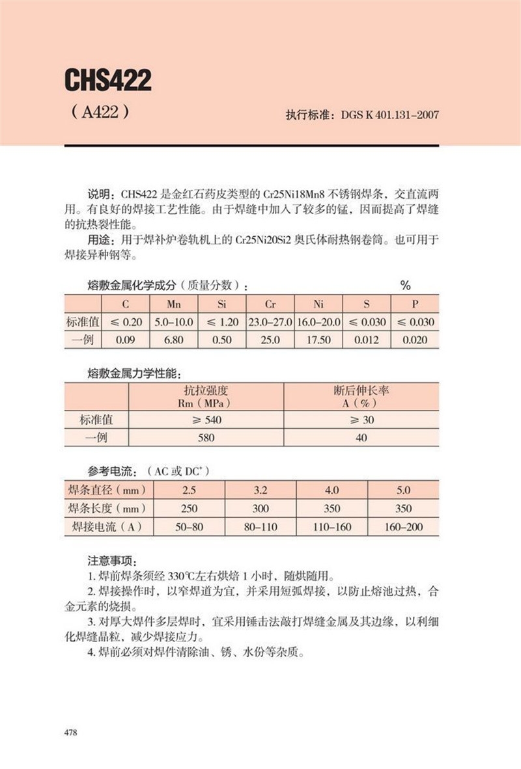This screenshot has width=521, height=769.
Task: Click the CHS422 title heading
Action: [107, 80]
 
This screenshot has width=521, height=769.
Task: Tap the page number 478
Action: [71, 733]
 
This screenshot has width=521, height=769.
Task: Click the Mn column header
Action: [174, 304]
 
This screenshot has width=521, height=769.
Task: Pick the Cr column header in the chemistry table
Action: [270, 304]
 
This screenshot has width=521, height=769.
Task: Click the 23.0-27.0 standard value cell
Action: [270, 322]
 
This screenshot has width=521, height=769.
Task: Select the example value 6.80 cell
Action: [174, 340]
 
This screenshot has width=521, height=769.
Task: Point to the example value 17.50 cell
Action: [318, 340]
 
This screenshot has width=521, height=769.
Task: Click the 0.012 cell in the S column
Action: [367, 340]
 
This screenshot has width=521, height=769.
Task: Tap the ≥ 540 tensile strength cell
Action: [206, 420]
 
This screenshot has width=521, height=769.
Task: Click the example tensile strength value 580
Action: [206, 438]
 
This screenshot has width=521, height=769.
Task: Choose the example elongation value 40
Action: [361, 438]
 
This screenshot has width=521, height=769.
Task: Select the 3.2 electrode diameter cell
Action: [260, 490]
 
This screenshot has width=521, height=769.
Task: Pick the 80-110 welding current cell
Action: [260, 526]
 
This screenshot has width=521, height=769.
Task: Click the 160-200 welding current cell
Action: [404, 526]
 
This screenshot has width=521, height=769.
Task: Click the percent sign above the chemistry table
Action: [405, 286]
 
